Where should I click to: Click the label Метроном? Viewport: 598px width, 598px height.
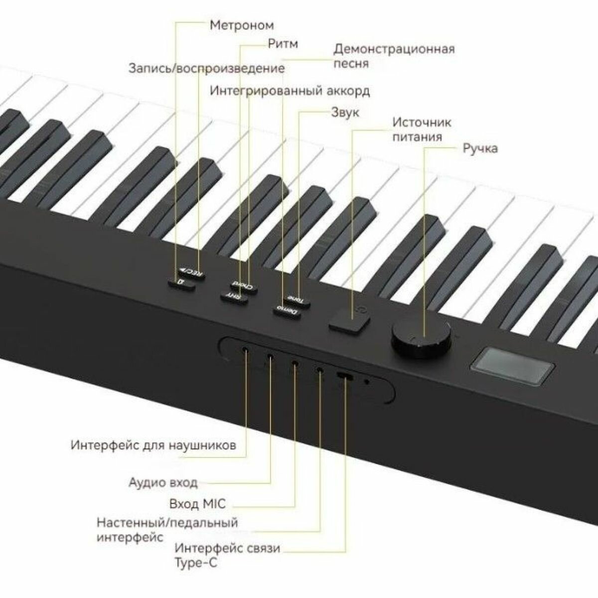coord(241,25)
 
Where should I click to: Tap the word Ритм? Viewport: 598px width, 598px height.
coord(282,44)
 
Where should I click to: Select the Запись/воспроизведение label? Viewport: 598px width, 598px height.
coord(206,68)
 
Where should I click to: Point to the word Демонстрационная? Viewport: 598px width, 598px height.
coord(394,49)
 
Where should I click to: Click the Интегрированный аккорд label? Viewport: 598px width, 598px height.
coord(290,92)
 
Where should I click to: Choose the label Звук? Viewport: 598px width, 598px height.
coord(345,112)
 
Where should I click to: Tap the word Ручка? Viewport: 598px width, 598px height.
coord(480,148)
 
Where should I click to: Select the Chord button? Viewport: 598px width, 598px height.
coord(244,287)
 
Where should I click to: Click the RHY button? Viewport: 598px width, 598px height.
coord(234,296)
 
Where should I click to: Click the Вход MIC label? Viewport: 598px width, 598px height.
coord(197,504)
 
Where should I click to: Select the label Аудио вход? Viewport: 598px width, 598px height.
coord(163,482)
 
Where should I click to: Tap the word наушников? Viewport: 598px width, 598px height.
coord(204,445)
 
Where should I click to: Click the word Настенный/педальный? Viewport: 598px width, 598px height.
coord(167,523)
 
